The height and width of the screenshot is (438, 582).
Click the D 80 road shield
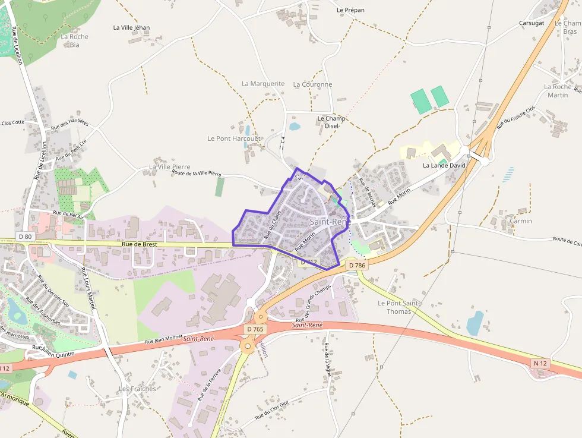click(x=25, y=237)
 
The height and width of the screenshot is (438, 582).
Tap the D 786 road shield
click(x=357, y=265)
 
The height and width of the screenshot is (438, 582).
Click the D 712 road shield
click(x=309, y=261)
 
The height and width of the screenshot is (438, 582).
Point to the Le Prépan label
click(x=350, y=10)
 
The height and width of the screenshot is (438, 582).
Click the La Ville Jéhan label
click(x=131, y=27)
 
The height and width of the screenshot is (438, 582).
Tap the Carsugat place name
click(x=532, y=23)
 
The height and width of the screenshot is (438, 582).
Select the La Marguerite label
click(x=263, y=84)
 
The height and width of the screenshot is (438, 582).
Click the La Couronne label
click(x=312, y=84)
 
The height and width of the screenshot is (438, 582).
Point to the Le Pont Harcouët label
click(x=234, y=138)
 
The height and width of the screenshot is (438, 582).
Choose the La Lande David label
click(x=444, y=165)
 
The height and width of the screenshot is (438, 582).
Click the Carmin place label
click(x=521, y=221)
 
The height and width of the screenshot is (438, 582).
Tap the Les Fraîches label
click(x=137, y=389)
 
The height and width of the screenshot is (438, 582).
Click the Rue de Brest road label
click(x=140, y=244)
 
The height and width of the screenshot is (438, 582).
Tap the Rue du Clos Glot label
click(x=271, y=410)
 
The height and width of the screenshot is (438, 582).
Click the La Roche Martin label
click(x=558, y=91)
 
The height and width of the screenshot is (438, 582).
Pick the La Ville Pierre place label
click(x=170, y=167)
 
